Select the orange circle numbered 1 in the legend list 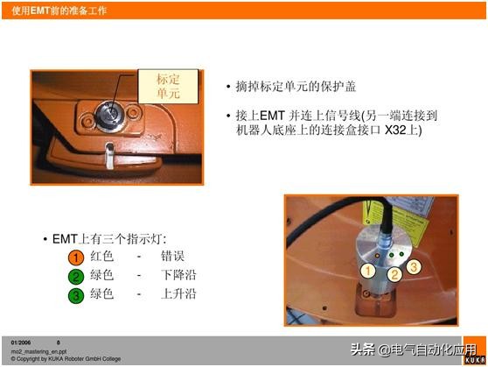pos(77,258)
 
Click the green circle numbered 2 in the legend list pos(77,276)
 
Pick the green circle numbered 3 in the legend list pos(77,294)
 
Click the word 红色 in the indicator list pos(102,258)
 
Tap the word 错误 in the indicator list pos(172,258)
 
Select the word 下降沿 pos(178,276)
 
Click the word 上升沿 pos(178,294)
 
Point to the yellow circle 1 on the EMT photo pos(368,271)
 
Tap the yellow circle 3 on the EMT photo pos(414,265)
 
